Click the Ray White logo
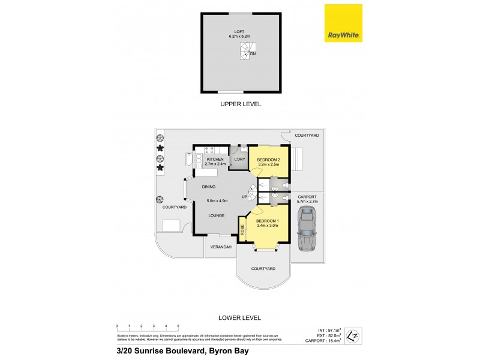343,23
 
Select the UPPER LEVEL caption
239,104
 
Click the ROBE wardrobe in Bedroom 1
242,229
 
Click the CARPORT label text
307,196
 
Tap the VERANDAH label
220,247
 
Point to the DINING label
208,187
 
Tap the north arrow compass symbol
355,334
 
